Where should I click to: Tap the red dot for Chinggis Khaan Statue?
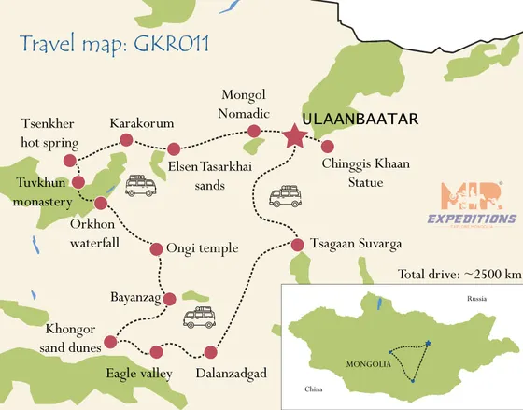click(327, 146)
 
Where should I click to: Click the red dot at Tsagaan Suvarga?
click(297, 245)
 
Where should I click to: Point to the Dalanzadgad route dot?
click(210, 353)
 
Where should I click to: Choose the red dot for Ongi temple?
click(156, 247)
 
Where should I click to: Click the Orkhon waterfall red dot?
click(100, 202)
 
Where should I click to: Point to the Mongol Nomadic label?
click(246, 104)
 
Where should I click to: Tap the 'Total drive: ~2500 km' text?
click(459, 274)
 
